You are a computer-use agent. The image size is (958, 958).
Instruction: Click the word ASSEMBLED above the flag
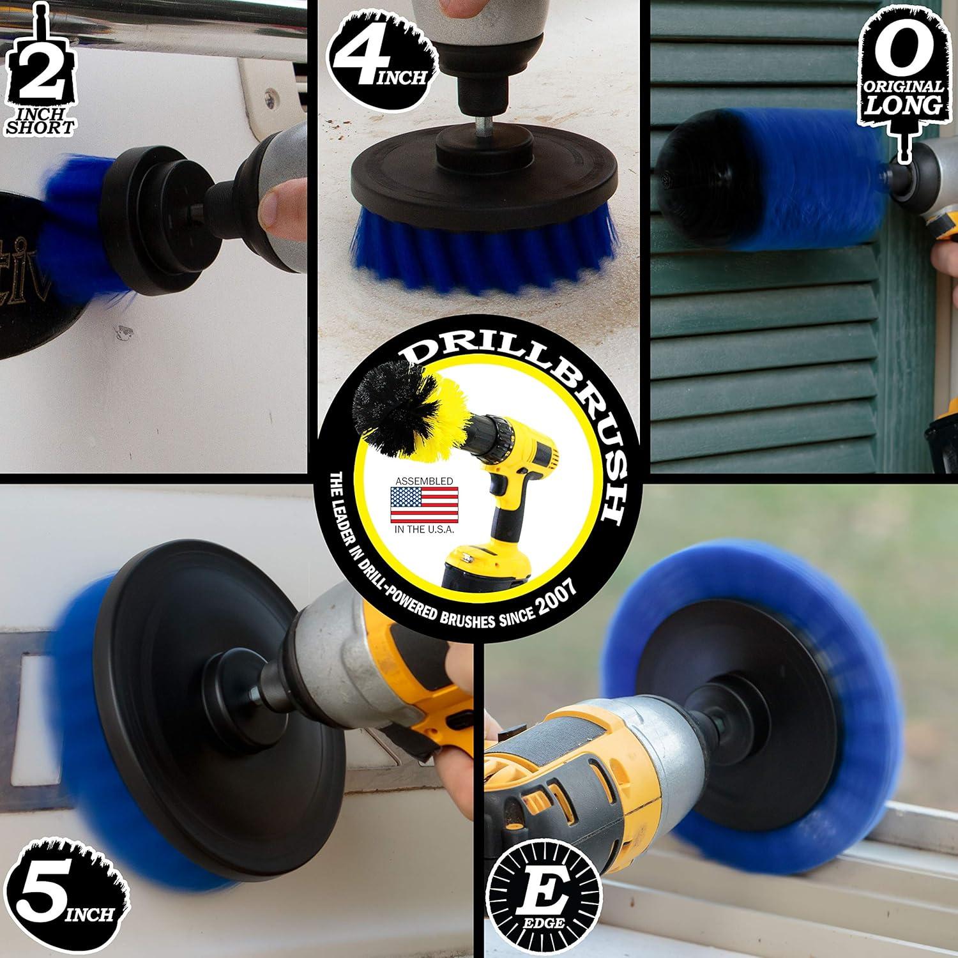pos(424,480)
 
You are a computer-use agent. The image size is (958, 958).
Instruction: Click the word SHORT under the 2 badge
pos(40,126)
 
